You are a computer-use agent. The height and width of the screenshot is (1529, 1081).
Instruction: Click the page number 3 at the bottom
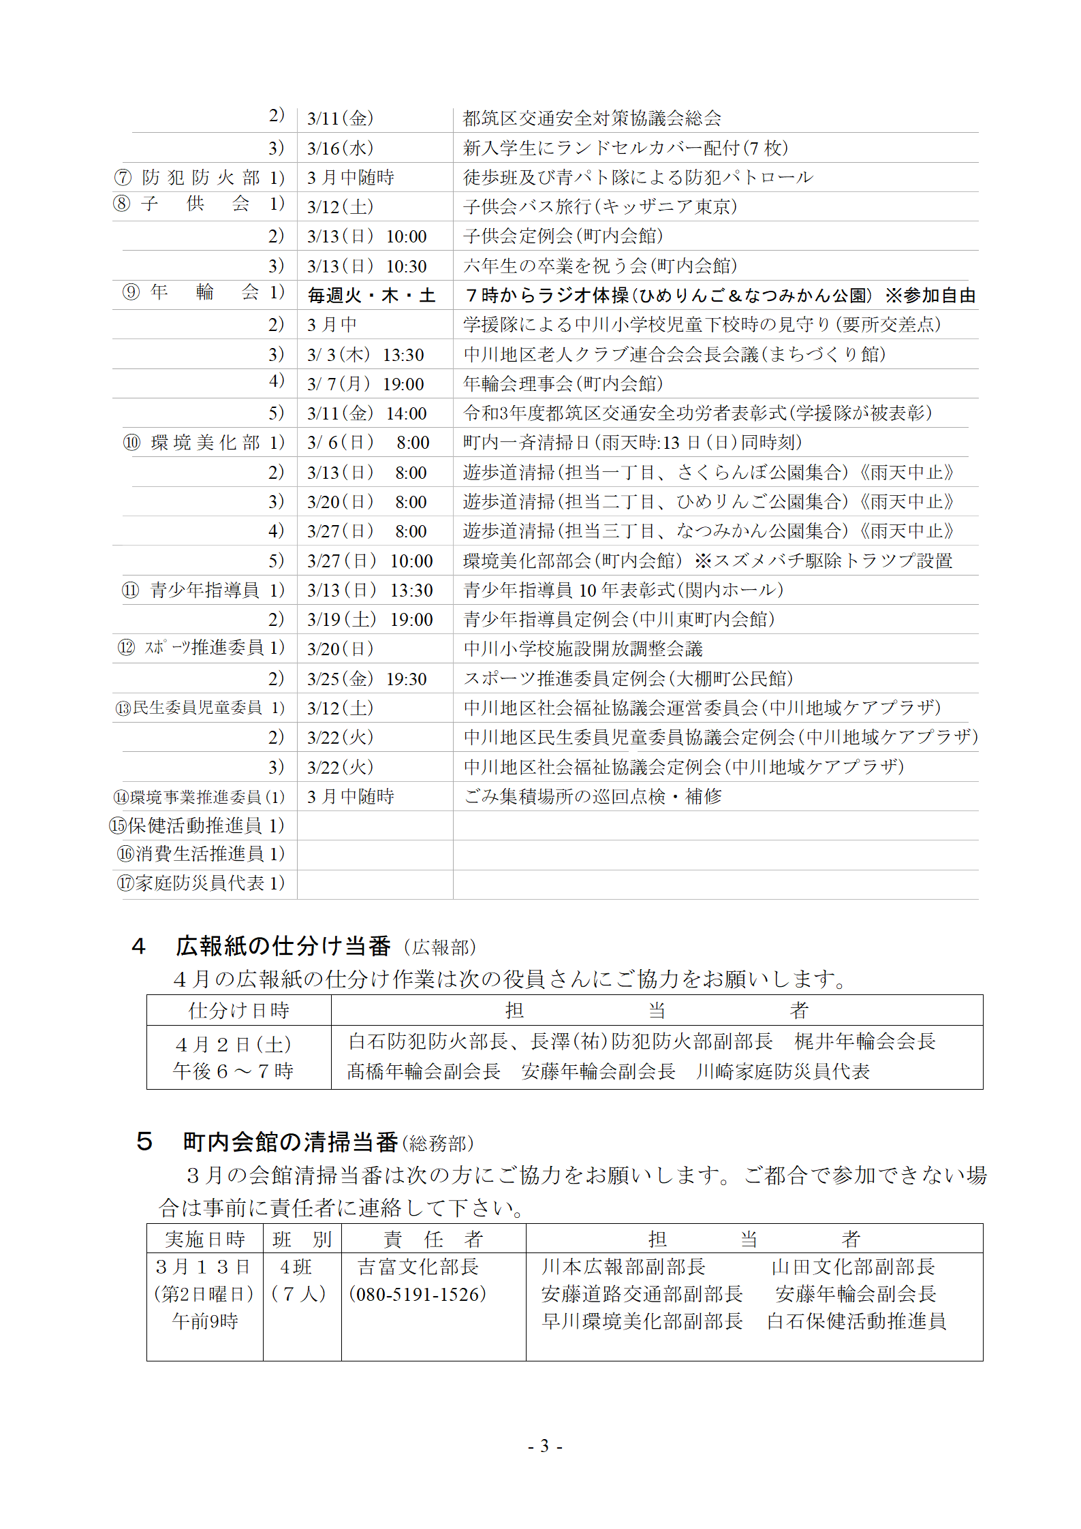(x=544, y=1445)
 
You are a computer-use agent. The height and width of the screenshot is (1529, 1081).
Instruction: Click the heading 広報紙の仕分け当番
(x=283, y=945)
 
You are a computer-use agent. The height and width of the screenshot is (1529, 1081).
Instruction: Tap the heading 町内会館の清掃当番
(x=290, y=1141)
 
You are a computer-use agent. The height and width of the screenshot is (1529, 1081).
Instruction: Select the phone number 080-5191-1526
(x=418, y=1294)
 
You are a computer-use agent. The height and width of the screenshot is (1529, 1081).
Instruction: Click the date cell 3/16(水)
(x=340, y=148)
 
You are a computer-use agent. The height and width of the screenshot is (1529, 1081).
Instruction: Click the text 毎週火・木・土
(x=371, y=296)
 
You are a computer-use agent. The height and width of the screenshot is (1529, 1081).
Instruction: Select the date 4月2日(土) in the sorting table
(x=233, y=1044)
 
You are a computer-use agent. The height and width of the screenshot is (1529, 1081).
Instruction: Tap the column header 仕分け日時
(x=238, y=1010)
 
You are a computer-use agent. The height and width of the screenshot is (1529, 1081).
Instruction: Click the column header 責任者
(x=433, y=1239)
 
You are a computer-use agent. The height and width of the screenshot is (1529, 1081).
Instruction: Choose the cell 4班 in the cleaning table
(x=296, y=1267)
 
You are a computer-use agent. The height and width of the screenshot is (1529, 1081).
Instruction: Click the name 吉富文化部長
(x=418, y=1267)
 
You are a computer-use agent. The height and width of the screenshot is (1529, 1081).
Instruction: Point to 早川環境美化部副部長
(x=642, y=1321)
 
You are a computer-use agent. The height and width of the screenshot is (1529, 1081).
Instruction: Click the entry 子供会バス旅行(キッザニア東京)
(x=600, y=206)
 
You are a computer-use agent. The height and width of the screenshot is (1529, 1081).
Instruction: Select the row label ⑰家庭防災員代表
(x=200, y=883)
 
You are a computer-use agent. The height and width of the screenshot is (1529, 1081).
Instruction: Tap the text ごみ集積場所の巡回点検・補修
(x=593, y=796)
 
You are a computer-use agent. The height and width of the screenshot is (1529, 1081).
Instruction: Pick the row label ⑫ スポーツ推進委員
(x=201, y=648)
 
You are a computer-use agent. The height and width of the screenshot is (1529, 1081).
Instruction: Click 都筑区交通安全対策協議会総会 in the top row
(x=592, y=119)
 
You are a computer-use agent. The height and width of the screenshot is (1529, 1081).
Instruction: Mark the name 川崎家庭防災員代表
(x=783, y=1071)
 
